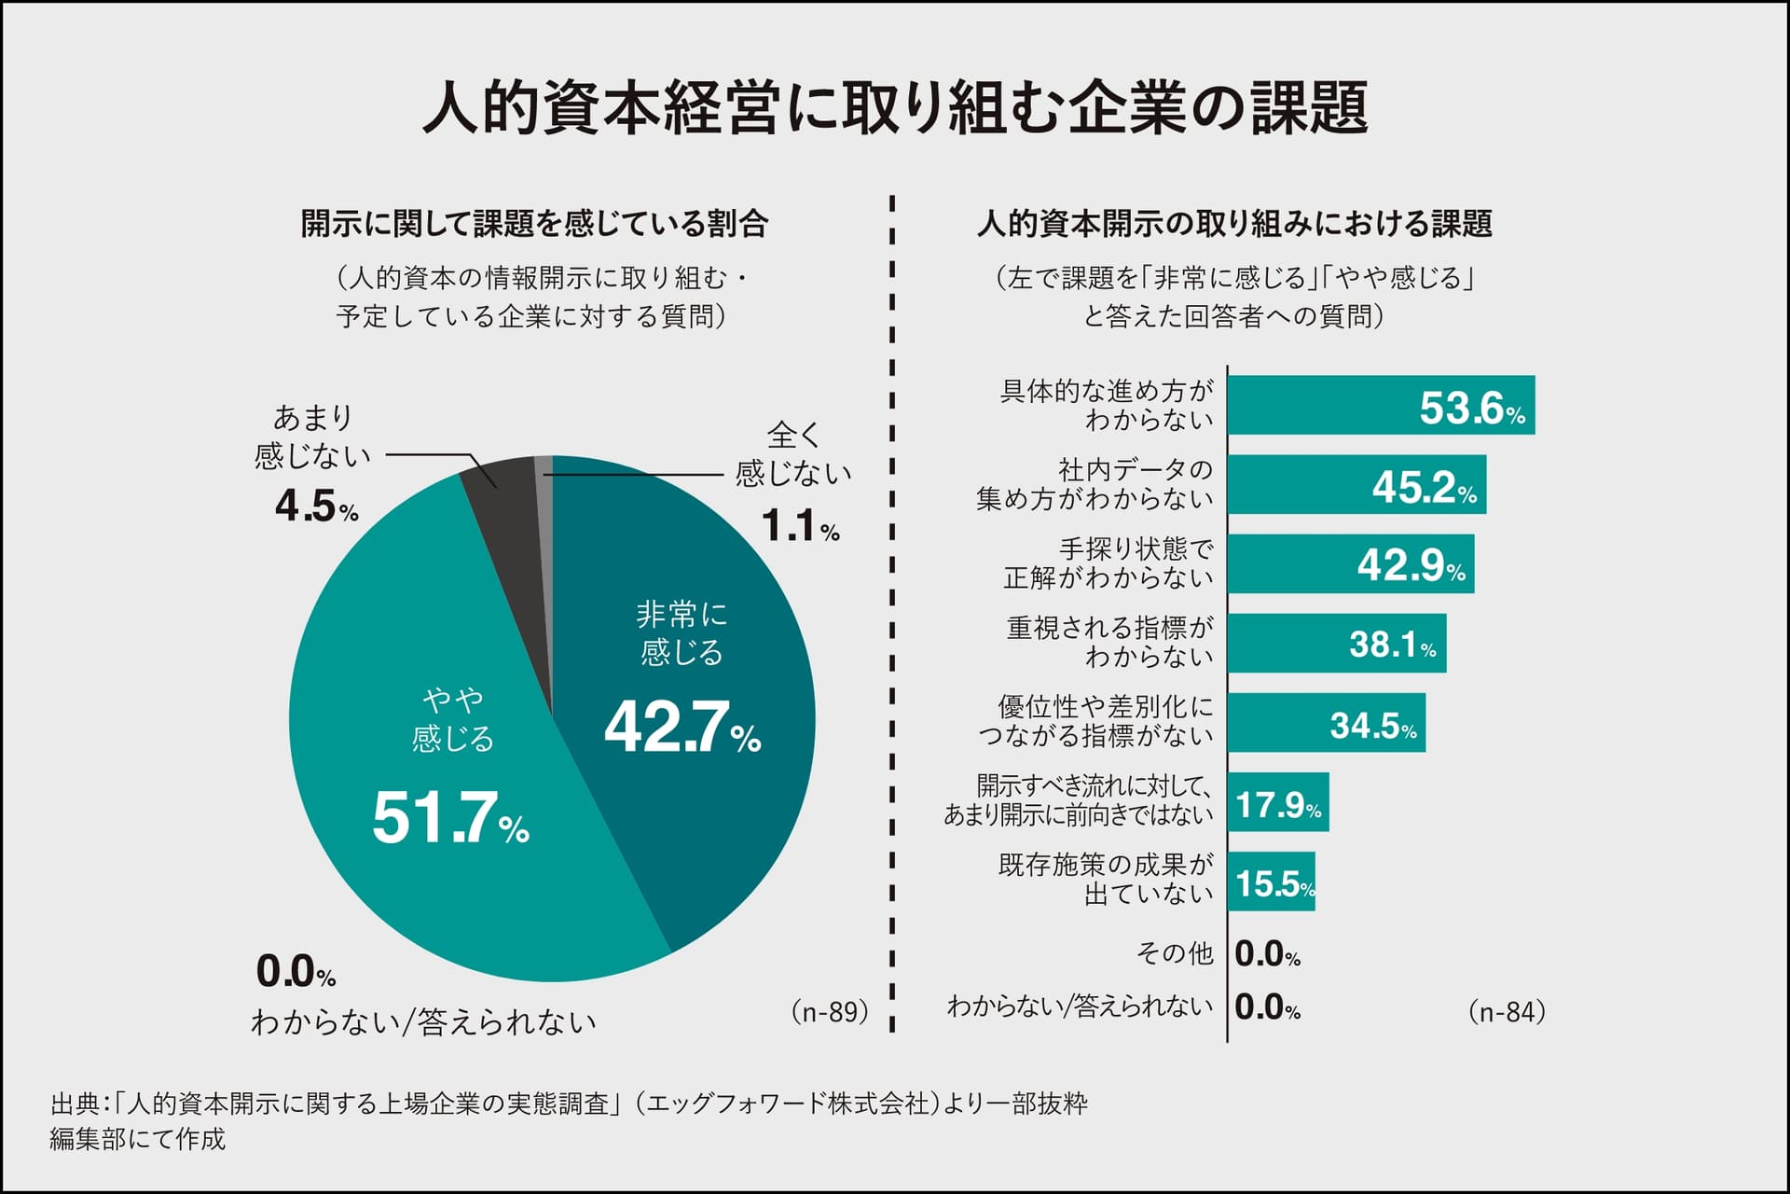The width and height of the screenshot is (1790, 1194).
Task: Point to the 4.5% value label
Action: click(316, 507)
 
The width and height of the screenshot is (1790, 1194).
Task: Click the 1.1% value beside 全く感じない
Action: click(800, 527)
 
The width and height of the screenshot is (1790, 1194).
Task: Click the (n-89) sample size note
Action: click(830, 1012)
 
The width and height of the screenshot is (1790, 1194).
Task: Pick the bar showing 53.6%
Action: click(1380, 405)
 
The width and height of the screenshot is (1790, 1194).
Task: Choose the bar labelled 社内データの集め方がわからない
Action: click(1356, 485)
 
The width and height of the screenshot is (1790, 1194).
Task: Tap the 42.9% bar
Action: click(1350, 563)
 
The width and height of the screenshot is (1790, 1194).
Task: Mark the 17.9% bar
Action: click(1277, 802)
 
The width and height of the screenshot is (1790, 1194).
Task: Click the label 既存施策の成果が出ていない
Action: click(1106, 880)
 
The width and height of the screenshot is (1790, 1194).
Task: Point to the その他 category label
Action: click(1175, 952)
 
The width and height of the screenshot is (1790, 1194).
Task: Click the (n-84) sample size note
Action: click(1507, 1012)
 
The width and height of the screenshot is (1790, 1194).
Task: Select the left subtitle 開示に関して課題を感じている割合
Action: click(534, 224)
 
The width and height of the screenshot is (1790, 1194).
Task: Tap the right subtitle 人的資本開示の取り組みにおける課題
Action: click(1234, 224)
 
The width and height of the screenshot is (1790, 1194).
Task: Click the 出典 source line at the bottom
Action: click(569, 1104)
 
